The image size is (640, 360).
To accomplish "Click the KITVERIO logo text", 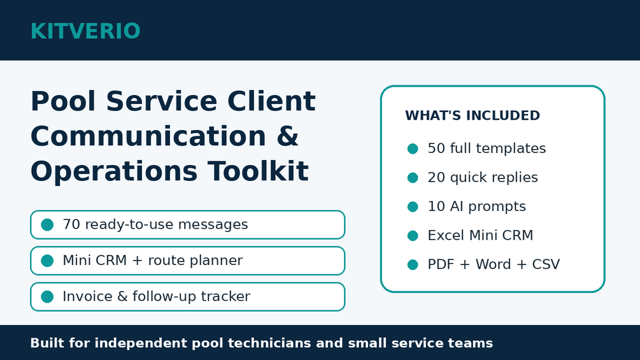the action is pyautogui.click(x=85, y=31).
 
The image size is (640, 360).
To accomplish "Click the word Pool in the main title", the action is pyautogui.click(x=63, y=101).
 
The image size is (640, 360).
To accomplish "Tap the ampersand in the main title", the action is pyautogui.click(x=287, y=136).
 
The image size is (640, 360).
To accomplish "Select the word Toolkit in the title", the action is pyautogui.click(x=258, y=171).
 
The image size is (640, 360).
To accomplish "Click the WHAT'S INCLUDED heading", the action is pyautogui.click(x=473, y=115).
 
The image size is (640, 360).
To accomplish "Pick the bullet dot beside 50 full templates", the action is pyautogui.click(x=413, y=148).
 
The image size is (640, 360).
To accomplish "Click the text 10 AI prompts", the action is pyautogui.click(x=477, y=206).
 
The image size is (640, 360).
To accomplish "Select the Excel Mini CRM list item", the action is pyautogui.click(x=480, y=236).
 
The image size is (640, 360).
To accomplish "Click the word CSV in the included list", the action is pyautogui.click(x=546, y=264).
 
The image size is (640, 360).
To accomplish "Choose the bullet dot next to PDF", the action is pyautogui.click(x=413, y=264).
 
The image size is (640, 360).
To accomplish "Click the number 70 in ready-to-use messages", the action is pyautogui.click(x=71, y=224).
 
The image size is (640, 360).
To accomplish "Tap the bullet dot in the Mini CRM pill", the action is pyautogui.click(x=47, y=261).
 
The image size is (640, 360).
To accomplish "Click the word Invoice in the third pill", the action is pyautogui.click(x=87, y=296).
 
